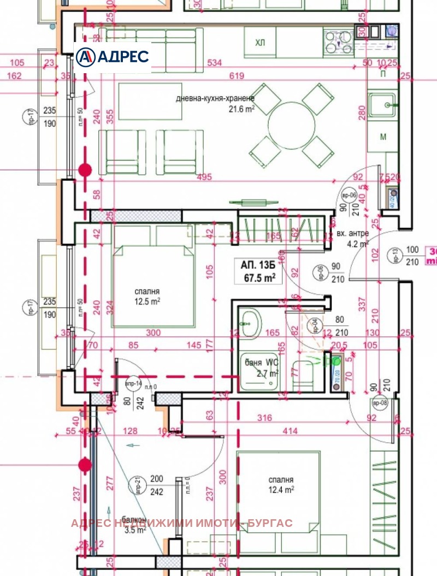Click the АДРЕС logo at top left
113,57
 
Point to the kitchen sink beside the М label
382,103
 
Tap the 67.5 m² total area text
258,277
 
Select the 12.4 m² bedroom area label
281,490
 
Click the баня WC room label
260,362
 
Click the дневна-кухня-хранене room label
215,99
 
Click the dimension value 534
214,63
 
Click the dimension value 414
290,431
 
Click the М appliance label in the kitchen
383,136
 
